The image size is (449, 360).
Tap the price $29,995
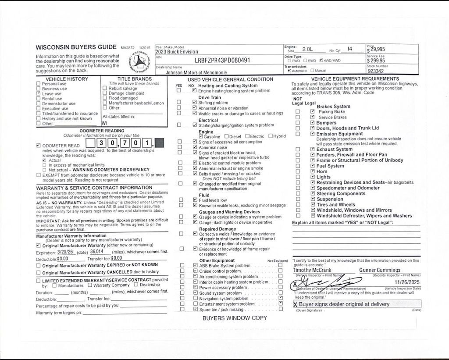[377, 50]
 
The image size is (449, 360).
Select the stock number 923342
[376, 71]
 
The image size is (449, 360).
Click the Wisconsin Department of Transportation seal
[139, 61]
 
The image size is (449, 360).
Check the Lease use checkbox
[39, 93]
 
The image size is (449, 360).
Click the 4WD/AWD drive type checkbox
[321, 61]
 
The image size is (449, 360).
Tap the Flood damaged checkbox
[105, 98]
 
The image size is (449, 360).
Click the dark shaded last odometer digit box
[160, 143]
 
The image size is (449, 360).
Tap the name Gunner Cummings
[380, 270]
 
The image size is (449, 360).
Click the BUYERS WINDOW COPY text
[235, 318]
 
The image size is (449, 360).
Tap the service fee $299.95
[376, 61]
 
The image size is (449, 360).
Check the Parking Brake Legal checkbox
[312, 112]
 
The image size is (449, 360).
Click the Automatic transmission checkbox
[289, 71]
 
